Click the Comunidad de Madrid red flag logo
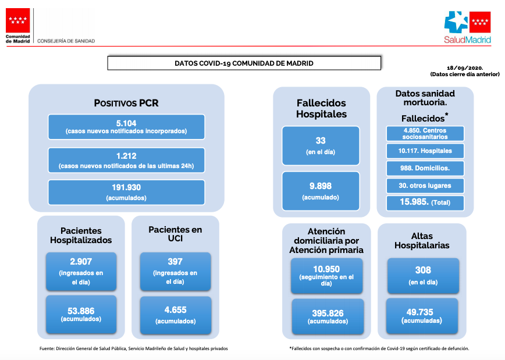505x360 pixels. point(17,20)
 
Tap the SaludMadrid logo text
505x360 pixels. point(467,40)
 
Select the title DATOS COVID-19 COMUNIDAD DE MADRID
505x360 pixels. point(244,63)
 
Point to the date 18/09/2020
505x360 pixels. point(465,68)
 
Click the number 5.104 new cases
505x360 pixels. point(126,123)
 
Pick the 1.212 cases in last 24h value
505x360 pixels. point(126,156)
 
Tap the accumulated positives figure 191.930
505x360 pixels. point(126,187)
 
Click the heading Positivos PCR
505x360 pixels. point(126,103)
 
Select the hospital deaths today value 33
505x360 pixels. point(321,140)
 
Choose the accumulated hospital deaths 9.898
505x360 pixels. point(321,186)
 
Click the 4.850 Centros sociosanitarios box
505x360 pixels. point(425,134)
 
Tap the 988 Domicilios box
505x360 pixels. point(425,168)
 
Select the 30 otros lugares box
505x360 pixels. point(425,186)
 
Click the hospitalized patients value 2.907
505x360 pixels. point(81,262)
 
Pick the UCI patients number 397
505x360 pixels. point(175,262)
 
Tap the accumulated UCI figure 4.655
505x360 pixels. point(176,310)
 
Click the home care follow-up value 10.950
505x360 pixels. point(326,269)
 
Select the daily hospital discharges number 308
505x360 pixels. point(423,270)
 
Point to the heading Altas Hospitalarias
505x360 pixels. point(422,241)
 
